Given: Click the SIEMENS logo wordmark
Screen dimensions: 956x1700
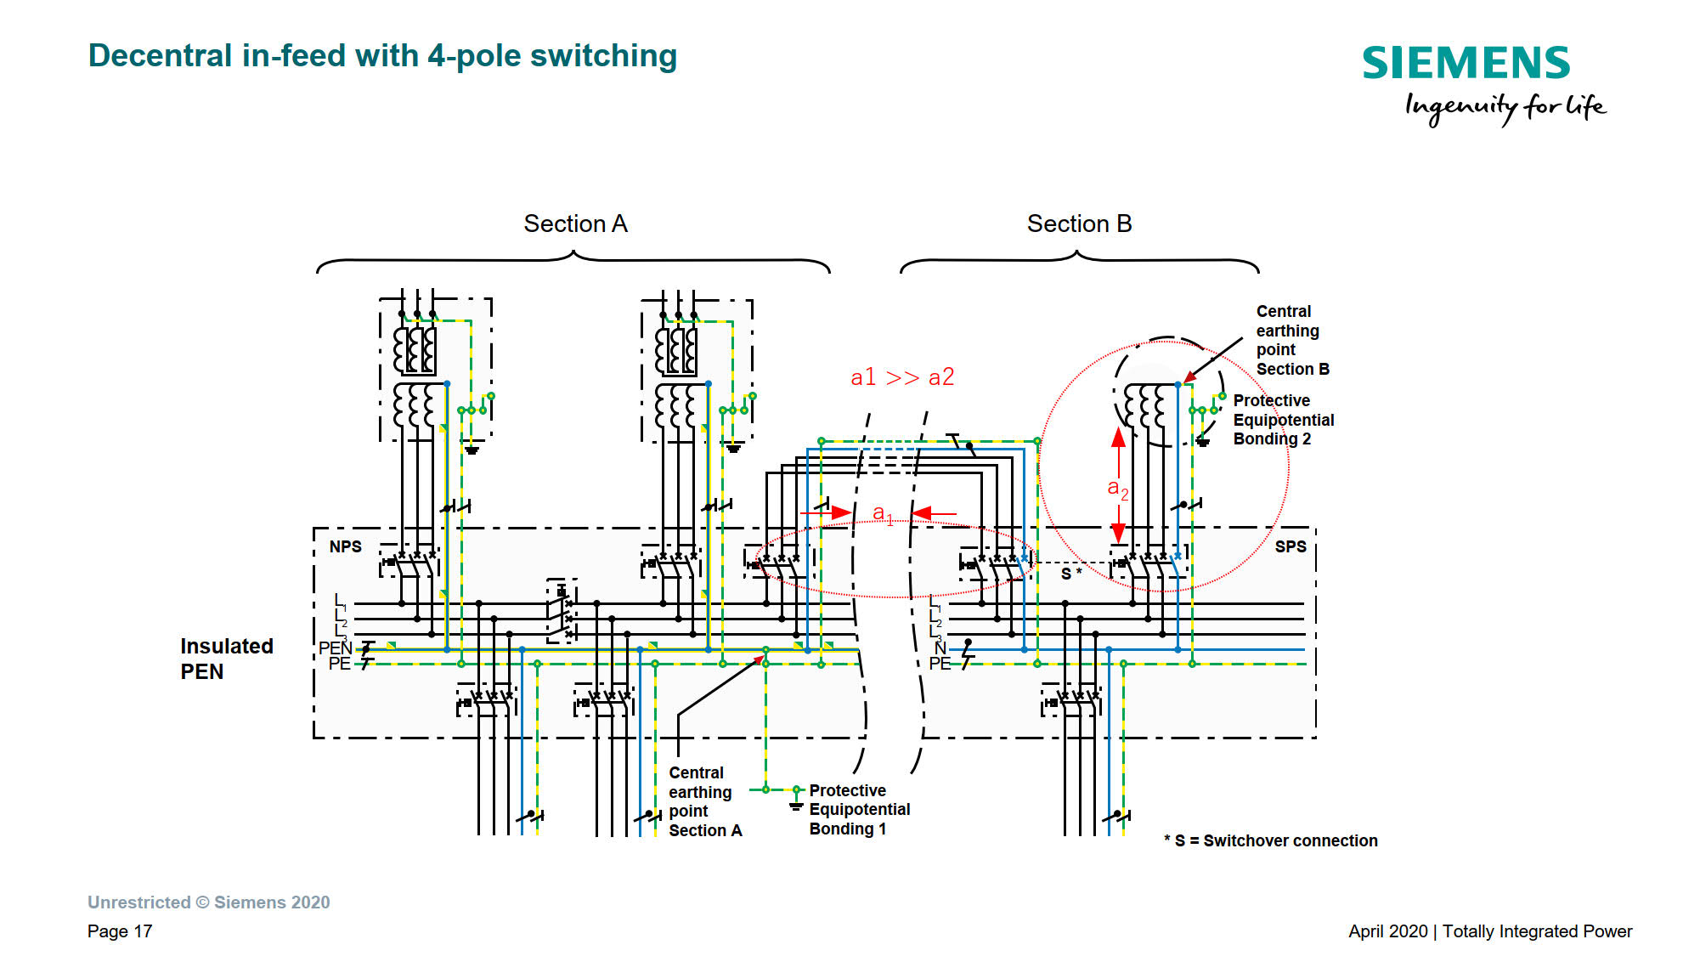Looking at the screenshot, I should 1466,64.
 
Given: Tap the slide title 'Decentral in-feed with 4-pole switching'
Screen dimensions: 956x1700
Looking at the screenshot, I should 382,56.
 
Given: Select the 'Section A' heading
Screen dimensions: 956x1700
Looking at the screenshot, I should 575,223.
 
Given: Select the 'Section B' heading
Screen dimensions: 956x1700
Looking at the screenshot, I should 1079,223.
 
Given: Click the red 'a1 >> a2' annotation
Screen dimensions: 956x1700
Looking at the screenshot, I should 902,377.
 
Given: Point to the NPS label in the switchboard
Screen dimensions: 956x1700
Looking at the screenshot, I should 346,546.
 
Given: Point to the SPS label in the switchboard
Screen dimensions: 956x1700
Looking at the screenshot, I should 1291,546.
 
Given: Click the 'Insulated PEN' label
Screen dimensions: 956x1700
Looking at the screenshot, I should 226,659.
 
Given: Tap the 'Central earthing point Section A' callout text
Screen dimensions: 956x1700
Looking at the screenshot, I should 704,801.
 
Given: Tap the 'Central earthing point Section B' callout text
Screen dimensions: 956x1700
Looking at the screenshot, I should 1291,340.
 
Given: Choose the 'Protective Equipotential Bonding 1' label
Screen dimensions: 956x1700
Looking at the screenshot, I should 858,810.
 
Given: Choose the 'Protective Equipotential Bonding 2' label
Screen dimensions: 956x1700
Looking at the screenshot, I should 1283,420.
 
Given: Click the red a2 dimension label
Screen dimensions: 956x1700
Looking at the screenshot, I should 1117,489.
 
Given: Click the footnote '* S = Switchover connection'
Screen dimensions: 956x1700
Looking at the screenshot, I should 1271,840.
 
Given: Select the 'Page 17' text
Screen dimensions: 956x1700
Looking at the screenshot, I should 120,931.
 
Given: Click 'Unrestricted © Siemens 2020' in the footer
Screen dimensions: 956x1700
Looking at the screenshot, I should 208,902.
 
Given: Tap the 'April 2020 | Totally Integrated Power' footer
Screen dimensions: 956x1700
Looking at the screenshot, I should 1490,931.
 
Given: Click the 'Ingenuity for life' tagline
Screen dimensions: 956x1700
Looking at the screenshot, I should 1505,107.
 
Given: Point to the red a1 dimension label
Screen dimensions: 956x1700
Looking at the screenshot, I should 883,514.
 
